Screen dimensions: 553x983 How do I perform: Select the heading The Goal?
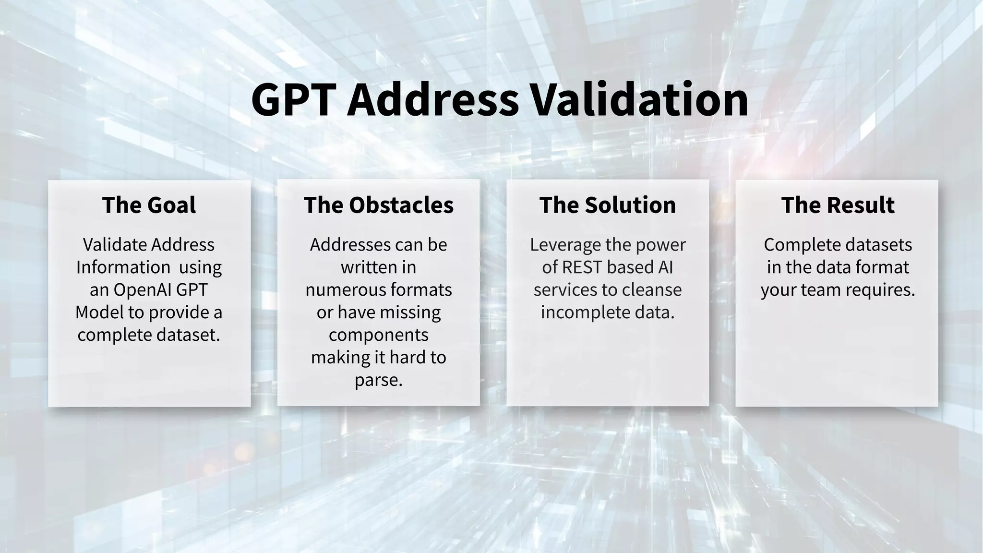pyautogui.click(x=149, y=205)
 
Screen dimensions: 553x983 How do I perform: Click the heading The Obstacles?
pyautogui.click(x=379, y=205)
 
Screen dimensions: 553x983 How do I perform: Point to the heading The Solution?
pyautogui.click(x=608, y=205)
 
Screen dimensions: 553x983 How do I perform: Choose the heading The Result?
pyautogui.click(x=838, y=205)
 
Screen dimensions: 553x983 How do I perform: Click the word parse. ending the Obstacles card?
pyautogui.click(x=379, y=380)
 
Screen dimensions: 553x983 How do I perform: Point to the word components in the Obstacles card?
pyautogui.click(x=379, y=335)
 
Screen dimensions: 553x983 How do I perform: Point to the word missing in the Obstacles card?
pyautogui.click(x=413, y=313)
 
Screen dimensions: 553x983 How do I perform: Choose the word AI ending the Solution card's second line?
pyautogui.click(x=665, y=267)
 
